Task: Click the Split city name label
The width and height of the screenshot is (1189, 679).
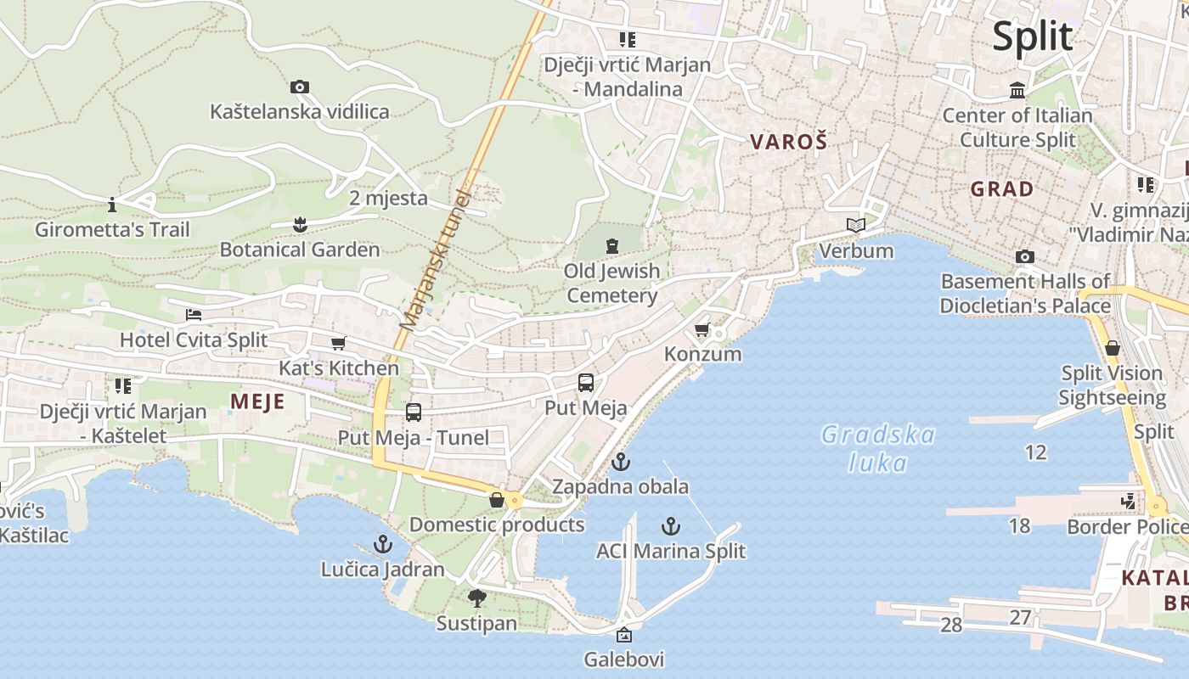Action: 1033,36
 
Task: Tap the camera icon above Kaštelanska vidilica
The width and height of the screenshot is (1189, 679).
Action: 299,87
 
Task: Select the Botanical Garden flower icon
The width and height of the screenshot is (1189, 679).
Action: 299,225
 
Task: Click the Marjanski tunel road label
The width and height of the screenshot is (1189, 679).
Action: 435,259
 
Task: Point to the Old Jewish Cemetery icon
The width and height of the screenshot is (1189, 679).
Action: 611,246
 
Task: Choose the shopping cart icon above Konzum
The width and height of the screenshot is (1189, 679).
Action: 702,329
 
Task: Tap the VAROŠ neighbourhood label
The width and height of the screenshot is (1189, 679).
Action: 788,142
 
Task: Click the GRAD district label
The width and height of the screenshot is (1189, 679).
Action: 1002,188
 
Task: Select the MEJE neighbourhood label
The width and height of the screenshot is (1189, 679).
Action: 257,401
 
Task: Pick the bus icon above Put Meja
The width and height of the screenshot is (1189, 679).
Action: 585,383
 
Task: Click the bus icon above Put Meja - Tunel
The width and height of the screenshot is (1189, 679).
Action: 414,412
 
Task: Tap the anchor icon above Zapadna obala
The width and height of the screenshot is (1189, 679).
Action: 621,463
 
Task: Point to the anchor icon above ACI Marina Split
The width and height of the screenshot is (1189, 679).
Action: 671,526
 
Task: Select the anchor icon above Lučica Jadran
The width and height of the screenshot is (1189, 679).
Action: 383,544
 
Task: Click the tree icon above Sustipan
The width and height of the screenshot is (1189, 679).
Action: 476,598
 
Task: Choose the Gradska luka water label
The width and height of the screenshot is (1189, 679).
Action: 877,449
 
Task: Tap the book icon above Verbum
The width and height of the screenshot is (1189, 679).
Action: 856,226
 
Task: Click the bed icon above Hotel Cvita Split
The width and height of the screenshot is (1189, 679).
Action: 194,315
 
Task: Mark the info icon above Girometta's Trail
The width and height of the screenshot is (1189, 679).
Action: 112,205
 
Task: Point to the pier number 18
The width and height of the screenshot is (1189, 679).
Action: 1019,525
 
